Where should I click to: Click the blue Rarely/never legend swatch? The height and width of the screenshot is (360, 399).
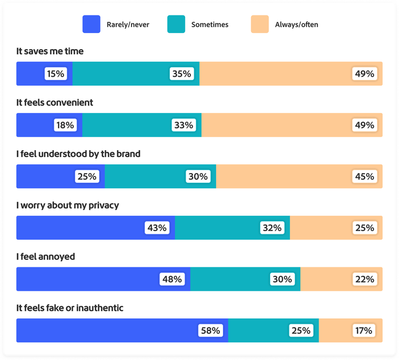(x=92, y=24)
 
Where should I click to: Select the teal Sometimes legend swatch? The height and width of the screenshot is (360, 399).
(x=176, y=24)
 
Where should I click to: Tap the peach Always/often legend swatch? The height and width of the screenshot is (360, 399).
(x=260, y=24)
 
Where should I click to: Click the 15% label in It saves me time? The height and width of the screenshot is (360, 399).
(x=55, y=74)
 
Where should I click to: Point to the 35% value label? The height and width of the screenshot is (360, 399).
(x=181, y=74)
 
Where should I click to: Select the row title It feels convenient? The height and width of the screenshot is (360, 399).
(x=55, y=102)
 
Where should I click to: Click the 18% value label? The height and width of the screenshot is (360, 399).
(x=65, y=125)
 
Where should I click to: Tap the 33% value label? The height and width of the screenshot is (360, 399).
(x=183, y=125)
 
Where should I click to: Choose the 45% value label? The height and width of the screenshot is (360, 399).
(x=364, y=176)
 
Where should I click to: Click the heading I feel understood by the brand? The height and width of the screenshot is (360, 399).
(x=78, y=154)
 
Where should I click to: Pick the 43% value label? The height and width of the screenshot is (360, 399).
(x=157, y=228)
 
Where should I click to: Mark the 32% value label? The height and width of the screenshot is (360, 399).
(x=271, y=228)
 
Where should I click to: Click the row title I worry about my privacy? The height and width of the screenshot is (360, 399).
(x=68, y=205)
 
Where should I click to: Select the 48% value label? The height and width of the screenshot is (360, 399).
(x=172, y=279)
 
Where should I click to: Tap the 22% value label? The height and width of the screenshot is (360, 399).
(x=364, y=279)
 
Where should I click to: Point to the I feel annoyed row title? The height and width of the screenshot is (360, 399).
(x=46, y=257)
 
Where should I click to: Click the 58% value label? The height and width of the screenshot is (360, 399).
(x=210, y=331)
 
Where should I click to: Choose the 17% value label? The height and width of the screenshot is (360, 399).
(x=364, y=331)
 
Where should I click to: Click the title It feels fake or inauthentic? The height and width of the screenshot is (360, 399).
(x=70, y=308)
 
